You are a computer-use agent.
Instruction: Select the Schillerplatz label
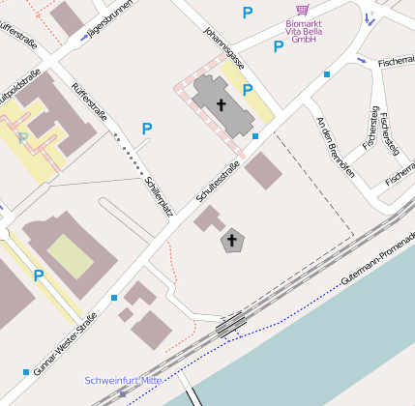tap(158, 196)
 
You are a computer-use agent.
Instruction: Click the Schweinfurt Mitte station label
tap(123, 381)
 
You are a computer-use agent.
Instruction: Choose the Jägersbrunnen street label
tap(108, 22)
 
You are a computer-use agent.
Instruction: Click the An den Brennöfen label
tap(336, 146)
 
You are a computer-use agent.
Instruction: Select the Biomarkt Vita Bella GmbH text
tap(303, 34)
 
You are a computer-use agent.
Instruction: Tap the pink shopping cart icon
tap(303, 10)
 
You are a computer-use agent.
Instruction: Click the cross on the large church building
tap(221, 103)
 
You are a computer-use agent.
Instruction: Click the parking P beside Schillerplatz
tap(147, 128)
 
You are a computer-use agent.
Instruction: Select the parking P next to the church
tap(248, 90)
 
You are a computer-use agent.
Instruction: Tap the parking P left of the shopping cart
tap(248, 13)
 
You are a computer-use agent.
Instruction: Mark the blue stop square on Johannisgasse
tap(327, 74)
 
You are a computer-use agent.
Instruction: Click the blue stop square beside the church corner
tap(255, 136)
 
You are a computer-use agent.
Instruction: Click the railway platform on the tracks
tap(230, 326)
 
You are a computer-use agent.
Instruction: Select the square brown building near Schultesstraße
tap(263, 171)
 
